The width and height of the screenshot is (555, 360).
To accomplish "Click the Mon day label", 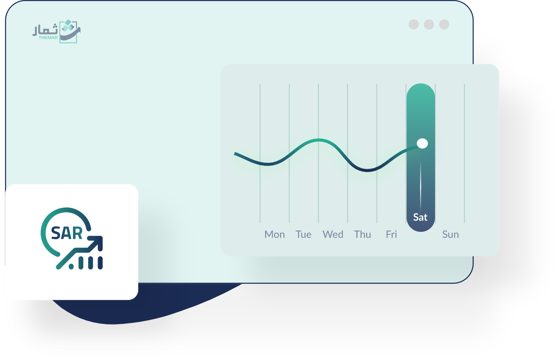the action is coord(274,235).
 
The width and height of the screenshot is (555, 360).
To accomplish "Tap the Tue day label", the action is coord(303,235).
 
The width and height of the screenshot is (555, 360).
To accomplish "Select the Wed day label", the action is coord(333,235).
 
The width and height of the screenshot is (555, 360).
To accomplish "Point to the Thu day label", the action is coord(362,235).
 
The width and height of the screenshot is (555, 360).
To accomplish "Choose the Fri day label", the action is coord(391,235).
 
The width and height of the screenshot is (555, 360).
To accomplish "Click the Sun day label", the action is coord(451,235).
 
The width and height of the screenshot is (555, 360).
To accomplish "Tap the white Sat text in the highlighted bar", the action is coord(420,218).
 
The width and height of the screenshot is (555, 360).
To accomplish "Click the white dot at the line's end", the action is coord(422,143).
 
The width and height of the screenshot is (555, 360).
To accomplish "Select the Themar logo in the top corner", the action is coord(57,31).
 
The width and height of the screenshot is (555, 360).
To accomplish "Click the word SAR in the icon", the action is coord(67,233).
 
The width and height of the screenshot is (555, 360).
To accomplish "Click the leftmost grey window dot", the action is coord(414,24).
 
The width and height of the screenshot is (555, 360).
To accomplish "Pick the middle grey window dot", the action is coord(429,24).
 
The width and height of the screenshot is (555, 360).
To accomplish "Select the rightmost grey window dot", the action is coord(444,24).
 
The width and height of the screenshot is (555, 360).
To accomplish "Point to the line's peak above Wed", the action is coord(319,140).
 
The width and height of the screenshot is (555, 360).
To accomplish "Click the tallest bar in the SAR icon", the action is coord(100,263).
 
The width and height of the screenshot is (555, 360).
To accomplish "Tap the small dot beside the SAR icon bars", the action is coord(71,267).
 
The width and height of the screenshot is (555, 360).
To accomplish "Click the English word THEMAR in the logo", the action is coord(48,38).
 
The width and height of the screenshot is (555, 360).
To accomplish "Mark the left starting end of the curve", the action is coord(235,153).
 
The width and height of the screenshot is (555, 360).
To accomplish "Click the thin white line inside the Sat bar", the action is coord(420,186).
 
